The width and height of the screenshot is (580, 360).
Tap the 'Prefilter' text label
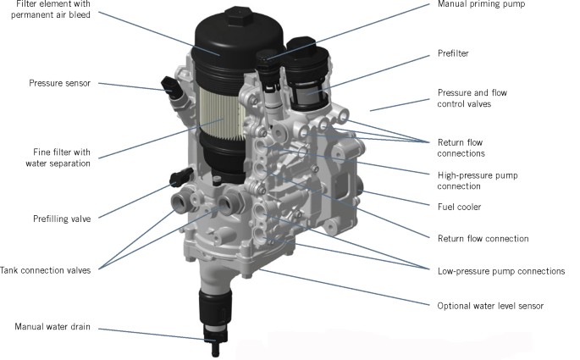pyautogui.click(x=455, y=53)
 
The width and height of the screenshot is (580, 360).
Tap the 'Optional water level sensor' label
pyautogui.click(x=489, y=305)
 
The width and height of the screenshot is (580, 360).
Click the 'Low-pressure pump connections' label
pyautogui.click(x=500, y=271)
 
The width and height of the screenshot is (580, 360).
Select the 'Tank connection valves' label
pyautogui.click(x=51, y=270)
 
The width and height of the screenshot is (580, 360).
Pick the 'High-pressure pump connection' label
pyautogui.click(x=478, y=180)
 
